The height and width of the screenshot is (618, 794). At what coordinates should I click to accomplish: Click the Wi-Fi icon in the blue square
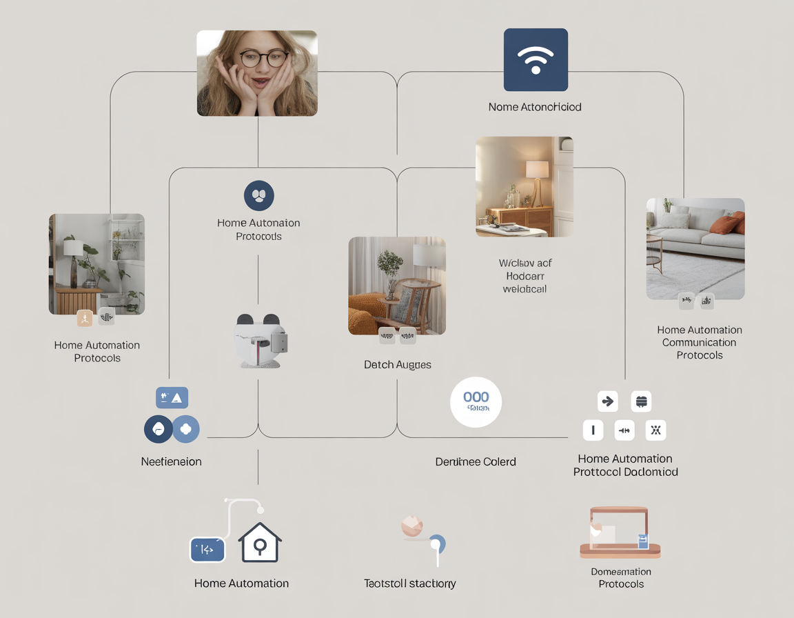click(536, 60)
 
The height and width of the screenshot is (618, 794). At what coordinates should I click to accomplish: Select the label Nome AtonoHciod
click(535, 107)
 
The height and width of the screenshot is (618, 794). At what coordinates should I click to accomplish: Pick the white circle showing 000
click(476, 402)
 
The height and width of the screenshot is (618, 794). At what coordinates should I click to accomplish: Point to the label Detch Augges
click(398, 364)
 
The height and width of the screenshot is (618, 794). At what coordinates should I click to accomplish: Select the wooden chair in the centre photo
click(414, 300)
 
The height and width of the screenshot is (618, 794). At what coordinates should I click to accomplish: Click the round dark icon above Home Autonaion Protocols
click(259, 196)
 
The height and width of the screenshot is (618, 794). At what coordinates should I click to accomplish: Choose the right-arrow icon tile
click(608, 401)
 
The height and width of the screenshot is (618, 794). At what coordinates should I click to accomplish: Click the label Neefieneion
click(172, 461)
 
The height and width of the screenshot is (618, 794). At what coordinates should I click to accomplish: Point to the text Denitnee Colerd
click(476, 461)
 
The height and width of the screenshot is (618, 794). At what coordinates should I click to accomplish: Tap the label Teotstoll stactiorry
click(410, 584)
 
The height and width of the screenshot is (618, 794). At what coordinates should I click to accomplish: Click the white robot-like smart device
click(261, 341)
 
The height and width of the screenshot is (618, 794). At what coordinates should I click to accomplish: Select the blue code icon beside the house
click(207, 550)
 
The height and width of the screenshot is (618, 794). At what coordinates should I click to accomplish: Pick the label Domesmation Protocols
click(621, 578)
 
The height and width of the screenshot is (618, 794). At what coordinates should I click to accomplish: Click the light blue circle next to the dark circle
click(185, 429)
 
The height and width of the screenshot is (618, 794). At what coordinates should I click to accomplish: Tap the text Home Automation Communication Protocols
click(700, 342)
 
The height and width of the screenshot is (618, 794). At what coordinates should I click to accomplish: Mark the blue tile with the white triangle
click(172, 398)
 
